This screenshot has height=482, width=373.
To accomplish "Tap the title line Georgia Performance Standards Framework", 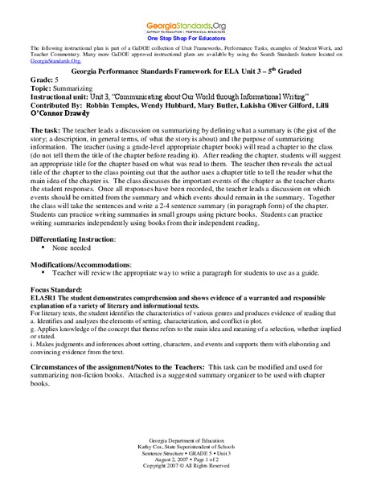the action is click(186, 71).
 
